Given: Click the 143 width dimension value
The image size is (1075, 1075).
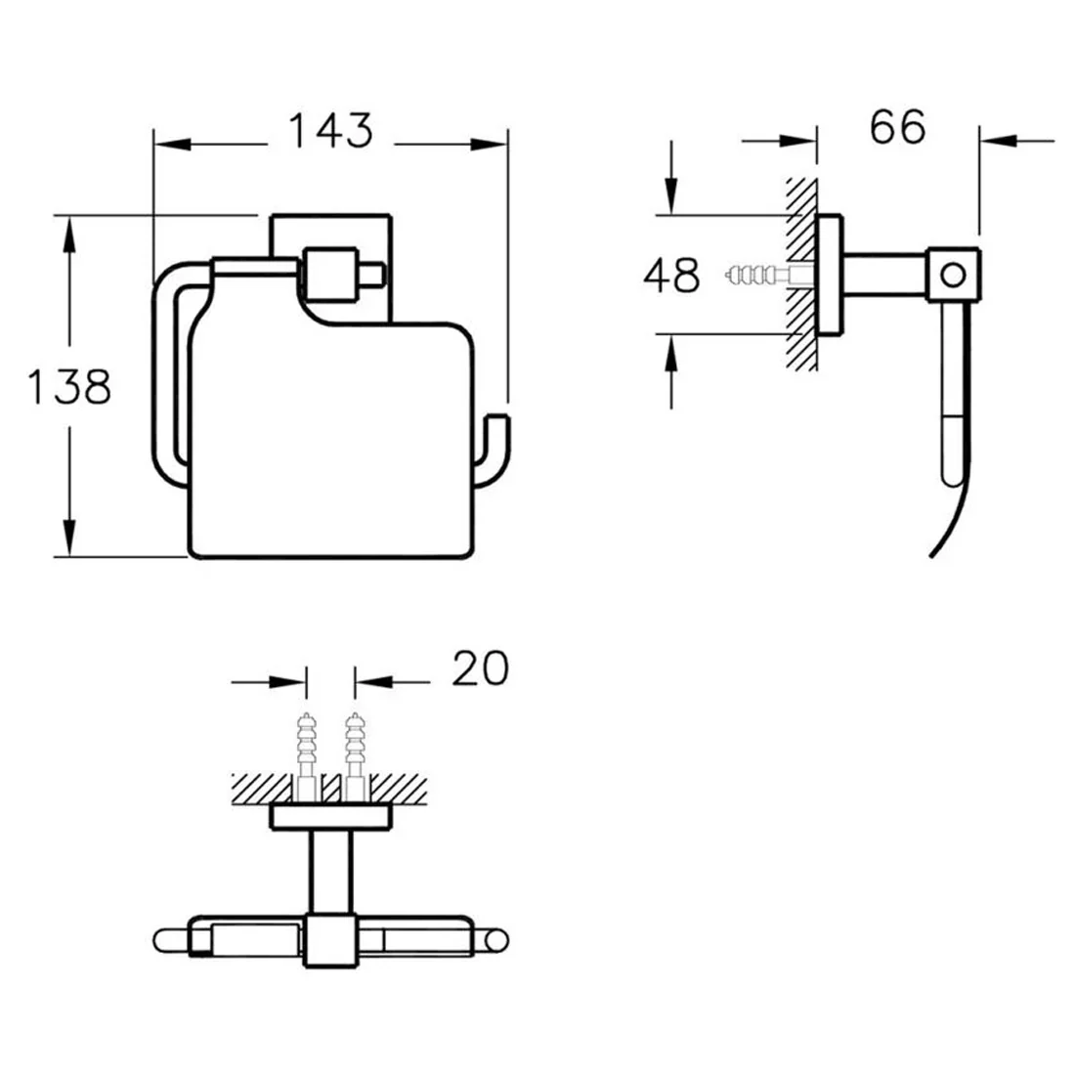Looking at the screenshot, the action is click(x=331, y=130).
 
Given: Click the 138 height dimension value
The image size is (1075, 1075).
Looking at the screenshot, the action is click(x=69, y=387).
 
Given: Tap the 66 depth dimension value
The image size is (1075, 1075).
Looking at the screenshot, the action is click(x=897, y=126).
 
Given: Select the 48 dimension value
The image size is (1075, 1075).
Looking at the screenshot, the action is click(x=672, y=275).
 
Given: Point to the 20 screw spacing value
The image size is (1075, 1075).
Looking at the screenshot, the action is click(x=481, y=668).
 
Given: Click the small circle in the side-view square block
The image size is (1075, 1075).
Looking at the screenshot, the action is click(x=953, y=276).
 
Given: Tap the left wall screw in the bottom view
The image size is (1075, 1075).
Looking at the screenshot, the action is click(x=307, y=756).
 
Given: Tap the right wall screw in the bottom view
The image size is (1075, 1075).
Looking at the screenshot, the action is click(x=355, y=756).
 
